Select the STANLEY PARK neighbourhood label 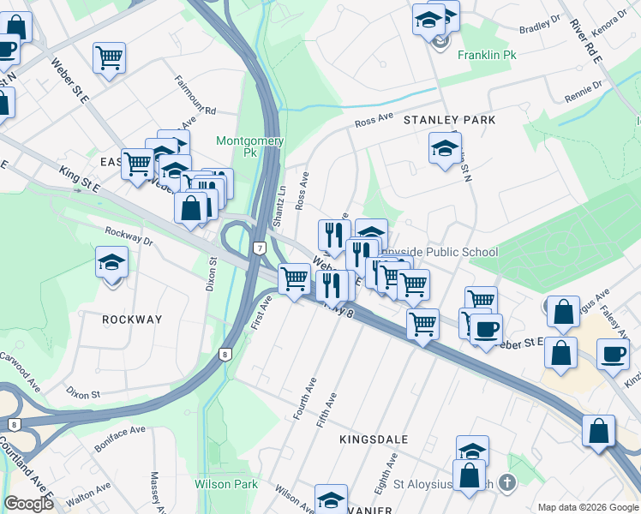point(449,120)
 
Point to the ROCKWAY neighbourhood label point(132,320)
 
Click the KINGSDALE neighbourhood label point(374,439)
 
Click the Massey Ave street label point(159,488)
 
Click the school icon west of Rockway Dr point(111,261)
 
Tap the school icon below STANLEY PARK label point(445,147)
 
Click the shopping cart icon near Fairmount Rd point(110,57)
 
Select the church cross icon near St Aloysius point(507,482)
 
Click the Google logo point(29,504)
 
